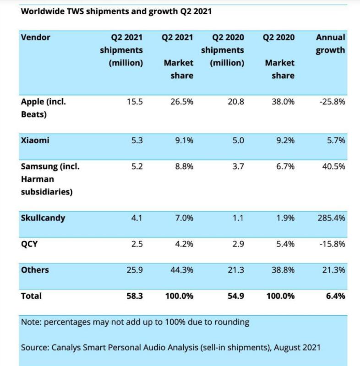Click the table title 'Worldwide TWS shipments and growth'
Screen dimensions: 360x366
[x=99, y=11]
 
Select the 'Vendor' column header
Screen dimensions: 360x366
[x=36, y=38]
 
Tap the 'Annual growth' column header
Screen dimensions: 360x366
[x=330, y=44]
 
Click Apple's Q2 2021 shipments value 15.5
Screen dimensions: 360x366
[x=135, y=102]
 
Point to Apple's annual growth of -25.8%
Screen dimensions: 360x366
[x=332, y=102]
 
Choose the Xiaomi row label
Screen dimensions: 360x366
[x=35, y=140]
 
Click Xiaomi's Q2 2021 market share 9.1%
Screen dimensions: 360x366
[x=184, y=140]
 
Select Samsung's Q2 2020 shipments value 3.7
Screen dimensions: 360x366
[x=238, y=167]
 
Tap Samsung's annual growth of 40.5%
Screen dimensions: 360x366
[x=333, y=167]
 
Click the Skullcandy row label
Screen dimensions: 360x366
[x=43, y=218]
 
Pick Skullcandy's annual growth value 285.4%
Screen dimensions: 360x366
[x=331, y=218]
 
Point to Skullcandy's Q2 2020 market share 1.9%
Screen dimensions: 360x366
[x=285, y=218]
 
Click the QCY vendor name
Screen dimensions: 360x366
[x=29, y=244]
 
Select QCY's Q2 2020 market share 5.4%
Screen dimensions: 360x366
[x=285, y=244]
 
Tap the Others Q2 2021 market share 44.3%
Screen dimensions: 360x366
[x=182, y=270]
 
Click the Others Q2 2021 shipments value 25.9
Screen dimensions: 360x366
[x=135, y=270]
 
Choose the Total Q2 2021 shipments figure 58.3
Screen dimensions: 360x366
[x=135, y=296]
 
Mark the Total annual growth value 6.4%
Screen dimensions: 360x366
[x=335, y=296]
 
